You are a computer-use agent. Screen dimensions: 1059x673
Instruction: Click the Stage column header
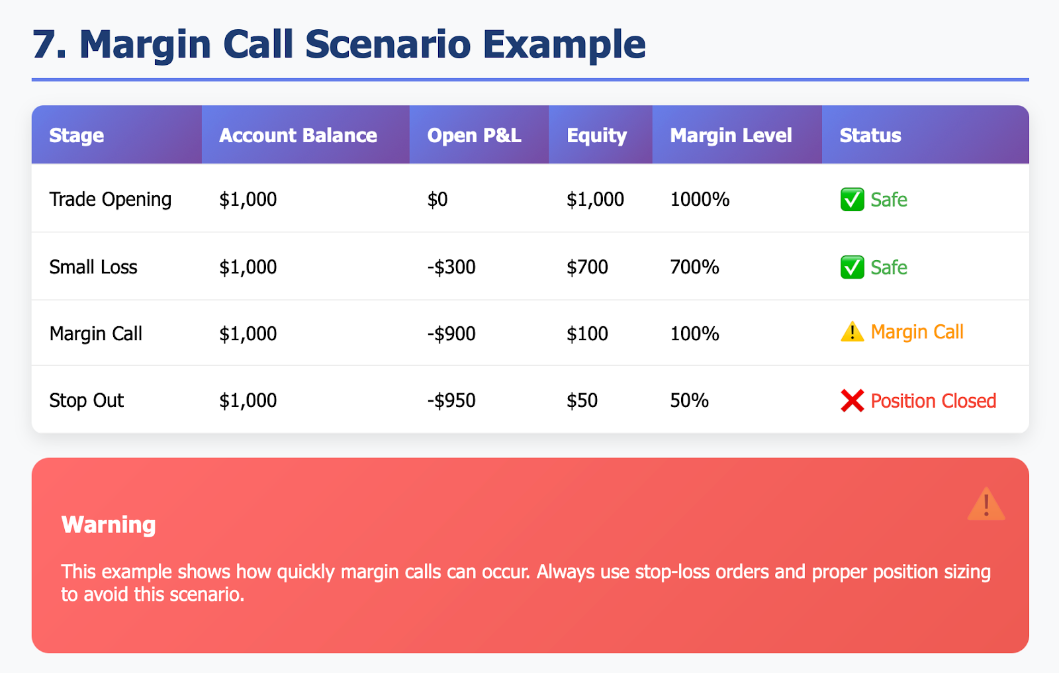click(x=77, y=136)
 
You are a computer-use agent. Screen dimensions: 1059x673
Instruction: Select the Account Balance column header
click(x=298, y=136)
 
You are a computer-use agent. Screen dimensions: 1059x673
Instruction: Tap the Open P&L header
click(x=474, y=136)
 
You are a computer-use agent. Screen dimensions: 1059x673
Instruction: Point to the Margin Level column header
click(x=731, y=136)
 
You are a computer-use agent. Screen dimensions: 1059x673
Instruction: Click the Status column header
click(x=870, y=136)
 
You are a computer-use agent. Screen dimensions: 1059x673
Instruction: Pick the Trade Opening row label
click(x=110, y=199)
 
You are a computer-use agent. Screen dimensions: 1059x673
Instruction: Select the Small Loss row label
click(x=93, y=267)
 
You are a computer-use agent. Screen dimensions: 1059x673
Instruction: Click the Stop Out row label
click(x=86, y=400)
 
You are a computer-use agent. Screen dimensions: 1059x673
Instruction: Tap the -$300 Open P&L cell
click(x=451, y=267)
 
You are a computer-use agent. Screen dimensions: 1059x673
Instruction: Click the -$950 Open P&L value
click(x=451, y=400)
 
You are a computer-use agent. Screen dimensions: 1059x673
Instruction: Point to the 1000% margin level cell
click(x=700, y=199)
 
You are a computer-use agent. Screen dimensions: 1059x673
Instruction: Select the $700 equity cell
click(x=587, y=267)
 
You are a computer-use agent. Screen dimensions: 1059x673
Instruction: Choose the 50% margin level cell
click(x=689, y=400)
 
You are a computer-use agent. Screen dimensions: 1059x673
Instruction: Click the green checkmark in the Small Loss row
click(x=852, y=267)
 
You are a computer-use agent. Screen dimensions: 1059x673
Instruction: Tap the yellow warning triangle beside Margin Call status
click(x=852, y=332)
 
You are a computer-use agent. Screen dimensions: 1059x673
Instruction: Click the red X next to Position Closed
click(x=852, y=401)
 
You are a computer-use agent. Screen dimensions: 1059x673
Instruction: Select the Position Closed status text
click(x=933, y=401)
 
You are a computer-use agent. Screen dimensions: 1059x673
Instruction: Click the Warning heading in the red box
click(x=109, y=525)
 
